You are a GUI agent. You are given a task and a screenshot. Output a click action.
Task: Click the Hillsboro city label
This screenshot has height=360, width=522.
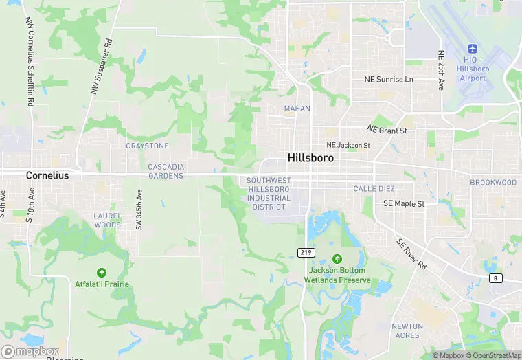310,158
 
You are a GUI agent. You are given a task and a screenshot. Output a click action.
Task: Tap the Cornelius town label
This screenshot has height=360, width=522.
47,175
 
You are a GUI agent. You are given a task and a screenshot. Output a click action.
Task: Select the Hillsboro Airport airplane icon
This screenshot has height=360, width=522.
472,49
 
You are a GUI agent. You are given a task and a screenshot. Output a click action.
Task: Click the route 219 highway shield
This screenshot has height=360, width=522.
306,253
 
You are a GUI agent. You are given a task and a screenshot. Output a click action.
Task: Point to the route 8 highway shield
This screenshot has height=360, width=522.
495,278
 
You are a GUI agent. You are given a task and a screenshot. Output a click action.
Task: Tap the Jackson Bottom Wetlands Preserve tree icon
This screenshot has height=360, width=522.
337,259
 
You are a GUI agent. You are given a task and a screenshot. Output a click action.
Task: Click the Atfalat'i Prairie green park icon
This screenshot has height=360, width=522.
102,273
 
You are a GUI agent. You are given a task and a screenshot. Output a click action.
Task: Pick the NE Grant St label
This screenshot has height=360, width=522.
387,129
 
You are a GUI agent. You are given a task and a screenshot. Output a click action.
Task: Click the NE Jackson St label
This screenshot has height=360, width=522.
348,146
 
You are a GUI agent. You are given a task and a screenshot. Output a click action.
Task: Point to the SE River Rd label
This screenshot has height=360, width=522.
411,254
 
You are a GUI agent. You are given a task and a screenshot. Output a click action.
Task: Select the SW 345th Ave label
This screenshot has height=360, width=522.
139,210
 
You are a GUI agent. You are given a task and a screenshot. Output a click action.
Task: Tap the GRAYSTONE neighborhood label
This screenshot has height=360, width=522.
147,146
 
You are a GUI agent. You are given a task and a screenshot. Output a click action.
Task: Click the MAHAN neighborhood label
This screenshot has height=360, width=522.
297,109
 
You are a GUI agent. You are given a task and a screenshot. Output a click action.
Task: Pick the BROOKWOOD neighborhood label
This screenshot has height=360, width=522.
493,182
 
